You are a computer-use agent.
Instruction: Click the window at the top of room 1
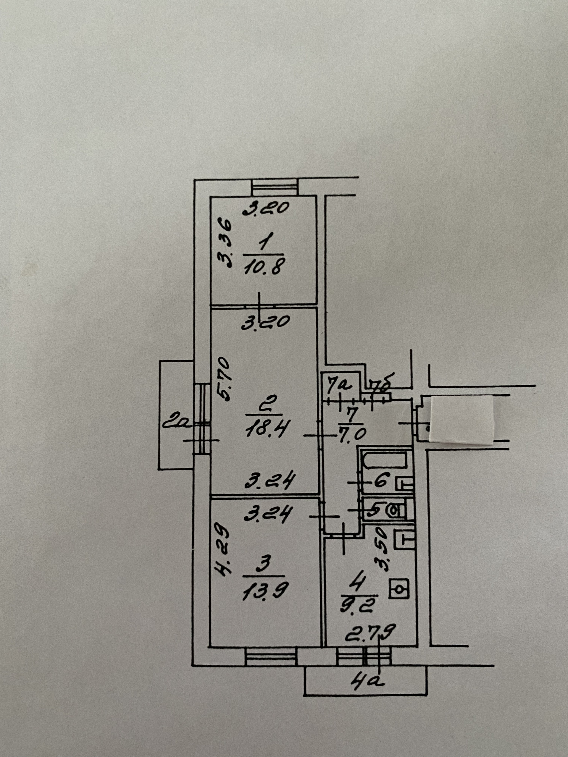pos(274,187)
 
